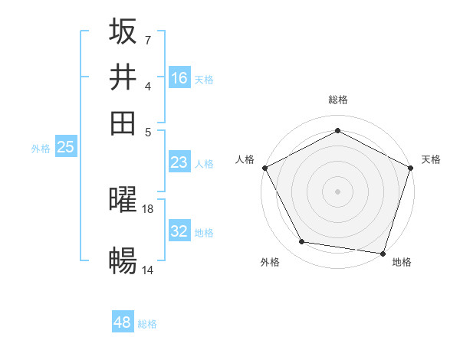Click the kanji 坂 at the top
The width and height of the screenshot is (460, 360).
click(123, 32)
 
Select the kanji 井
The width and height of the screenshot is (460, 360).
click(123, 77)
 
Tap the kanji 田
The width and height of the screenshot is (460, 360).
click(123, 123)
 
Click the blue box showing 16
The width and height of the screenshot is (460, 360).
click(179, 77)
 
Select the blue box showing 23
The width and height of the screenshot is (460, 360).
click(179, 162)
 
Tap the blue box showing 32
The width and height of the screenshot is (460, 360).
click(179, 231)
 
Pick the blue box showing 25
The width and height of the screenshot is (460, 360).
click(66, 147)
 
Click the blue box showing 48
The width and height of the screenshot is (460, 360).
click(123, 322)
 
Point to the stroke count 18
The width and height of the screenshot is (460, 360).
click(148, 208)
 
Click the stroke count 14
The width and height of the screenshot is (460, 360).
click(148, 270)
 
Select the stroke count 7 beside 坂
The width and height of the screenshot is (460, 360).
click(148, 39)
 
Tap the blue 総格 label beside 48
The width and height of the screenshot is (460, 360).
click(147, 324)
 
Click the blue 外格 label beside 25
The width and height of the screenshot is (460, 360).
click(41, 149)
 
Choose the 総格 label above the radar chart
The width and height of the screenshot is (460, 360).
click(337, 100)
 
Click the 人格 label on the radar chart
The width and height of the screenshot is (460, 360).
click(245, 159)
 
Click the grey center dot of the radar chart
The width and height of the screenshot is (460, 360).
click(337, 191)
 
